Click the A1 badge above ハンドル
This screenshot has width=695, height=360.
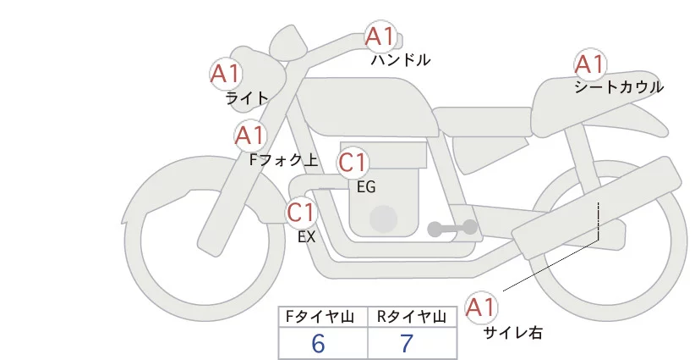pyautogui.click(x=380, y=36)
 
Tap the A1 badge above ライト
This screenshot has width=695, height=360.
pyautogui.click(x=226, y=74)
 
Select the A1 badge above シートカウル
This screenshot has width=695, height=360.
pyautogui.click(x=589, y=64)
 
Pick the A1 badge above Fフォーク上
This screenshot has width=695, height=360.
pyautogui.click(x=250, y=135)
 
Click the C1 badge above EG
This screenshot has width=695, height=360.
pyautogui.click(x=353, y=162)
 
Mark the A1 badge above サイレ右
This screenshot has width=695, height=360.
pyautogui.click(x=483, y=307)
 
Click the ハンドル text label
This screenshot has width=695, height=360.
pyautogui.click(x=401, y=60)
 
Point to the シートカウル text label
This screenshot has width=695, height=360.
pyautogui.click(x=619, y=87)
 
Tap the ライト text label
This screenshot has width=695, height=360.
pyautogui.click(x=247, y=98)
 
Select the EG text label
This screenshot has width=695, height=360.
pyautogui.click(x=366, y=187)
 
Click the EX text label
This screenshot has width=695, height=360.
pyautogui.click(x=307, y=237)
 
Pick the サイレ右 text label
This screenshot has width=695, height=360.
pyautogui.click(x=512, y=333)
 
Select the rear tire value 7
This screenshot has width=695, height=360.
pyautogui.click(x=407, y=343)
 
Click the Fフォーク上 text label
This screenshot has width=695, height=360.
pyautogui.click(x=283, y=158)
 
